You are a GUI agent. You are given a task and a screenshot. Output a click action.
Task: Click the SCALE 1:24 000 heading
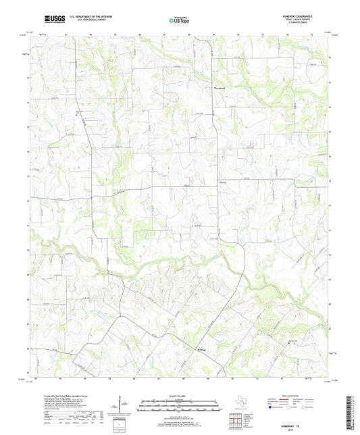(180, 395)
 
